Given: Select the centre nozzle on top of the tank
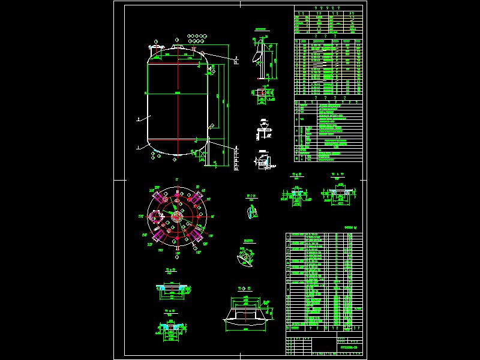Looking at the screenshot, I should click(x=178, y=45).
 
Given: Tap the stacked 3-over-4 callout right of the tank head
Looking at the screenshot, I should click(x=236, y=59).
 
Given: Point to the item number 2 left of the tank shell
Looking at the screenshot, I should click(x=138, y=119).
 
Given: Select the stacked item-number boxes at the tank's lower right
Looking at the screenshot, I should click(x=236, y=158).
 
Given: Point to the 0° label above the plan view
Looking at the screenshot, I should click(x=177, y=179).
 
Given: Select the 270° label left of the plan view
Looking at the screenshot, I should click(x=140, y=216).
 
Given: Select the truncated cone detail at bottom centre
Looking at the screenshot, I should click(x=246, y=313).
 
